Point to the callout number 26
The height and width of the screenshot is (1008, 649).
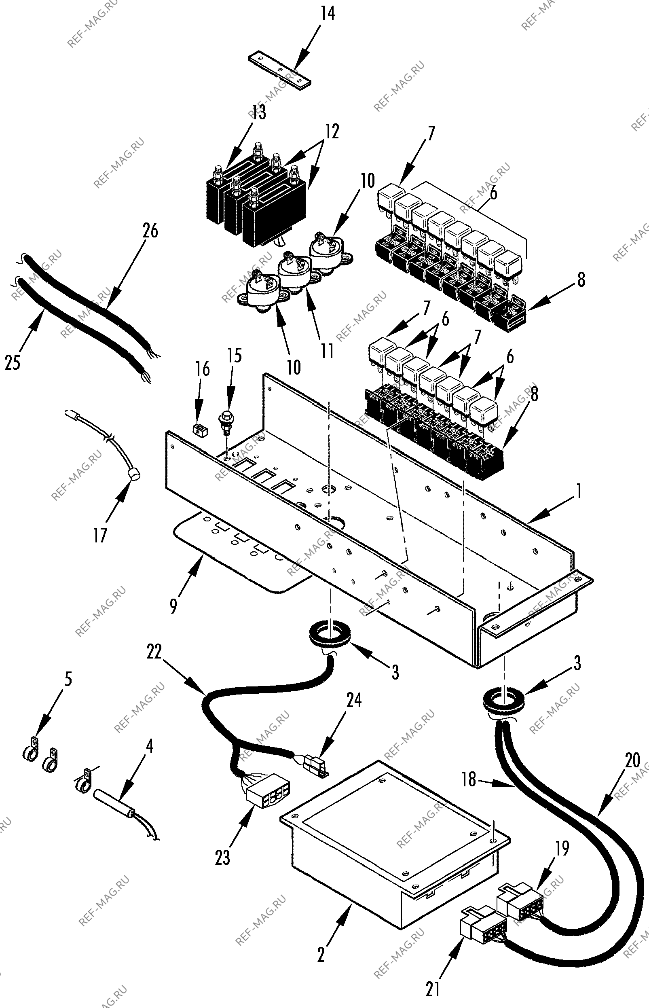[x=150, y=231]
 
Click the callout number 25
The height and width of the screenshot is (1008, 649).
[x=13, y=362]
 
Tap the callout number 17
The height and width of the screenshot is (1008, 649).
[x=100, y=536]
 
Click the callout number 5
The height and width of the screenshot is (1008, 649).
[x=68, y=679]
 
